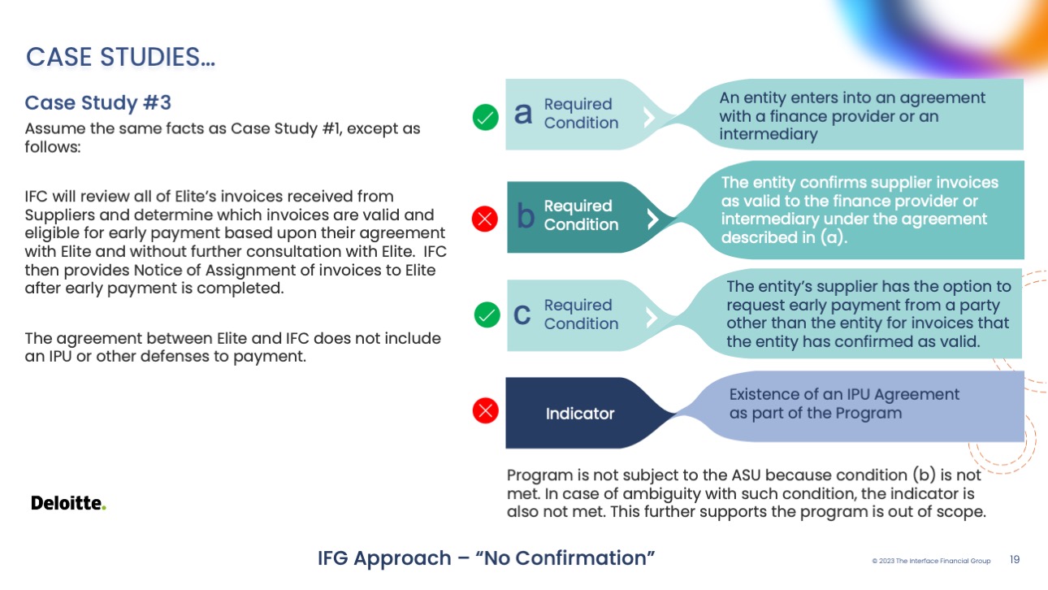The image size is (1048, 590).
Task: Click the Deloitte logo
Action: pos(68,503)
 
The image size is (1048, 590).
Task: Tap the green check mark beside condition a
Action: pos(486,118)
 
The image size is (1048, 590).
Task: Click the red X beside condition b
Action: pos(485,218)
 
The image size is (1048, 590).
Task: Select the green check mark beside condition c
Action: pos(486,315)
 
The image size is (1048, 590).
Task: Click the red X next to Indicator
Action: pos(485,411)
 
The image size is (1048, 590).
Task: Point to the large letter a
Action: pos(524,115)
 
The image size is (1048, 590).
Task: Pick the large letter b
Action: pos(526,216)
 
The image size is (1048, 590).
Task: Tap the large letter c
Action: pos(522,315)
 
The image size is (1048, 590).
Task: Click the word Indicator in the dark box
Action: pos(580,414)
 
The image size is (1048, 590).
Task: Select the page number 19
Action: pos(1015,560)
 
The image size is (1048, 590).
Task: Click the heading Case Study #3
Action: pos(98,103)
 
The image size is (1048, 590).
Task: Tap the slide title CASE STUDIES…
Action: pos(120,58)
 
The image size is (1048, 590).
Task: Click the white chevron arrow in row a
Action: pos(648,117)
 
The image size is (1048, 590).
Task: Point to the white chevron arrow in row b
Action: pos(651,218)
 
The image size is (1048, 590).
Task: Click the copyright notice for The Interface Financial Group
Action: pos(931,561)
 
